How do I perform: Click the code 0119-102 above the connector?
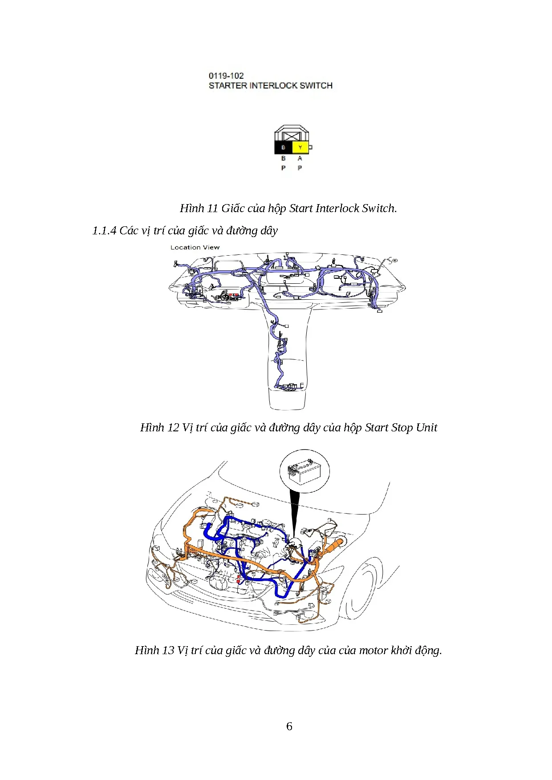[x=226, y=76]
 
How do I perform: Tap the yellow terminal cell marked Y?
[x=300, y=147]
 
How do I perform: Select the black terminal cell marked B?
[x=283, y=147]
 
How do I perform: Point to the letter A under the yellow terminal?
[x=300, y=158]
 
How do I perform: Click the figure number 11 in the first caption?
[x=213, y=208]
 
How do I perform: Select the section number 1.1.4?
[x=104, y=230]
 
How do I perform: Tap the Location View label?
[x=195, y=247]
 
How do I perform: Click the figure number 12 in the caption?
[x=172, y=427]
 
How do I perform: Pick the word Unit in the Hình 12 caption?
[x=427, y=427]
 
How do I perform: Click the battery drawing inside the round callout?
[x=304, y=472]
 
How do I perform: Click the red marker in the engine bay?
[x=239, y=579]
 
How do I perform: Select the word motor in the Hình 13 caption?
[x=373, y=650]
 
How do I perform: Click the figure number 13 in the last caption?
[x=168, y=650]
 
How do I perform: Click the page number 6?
[x=289, y=726]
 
